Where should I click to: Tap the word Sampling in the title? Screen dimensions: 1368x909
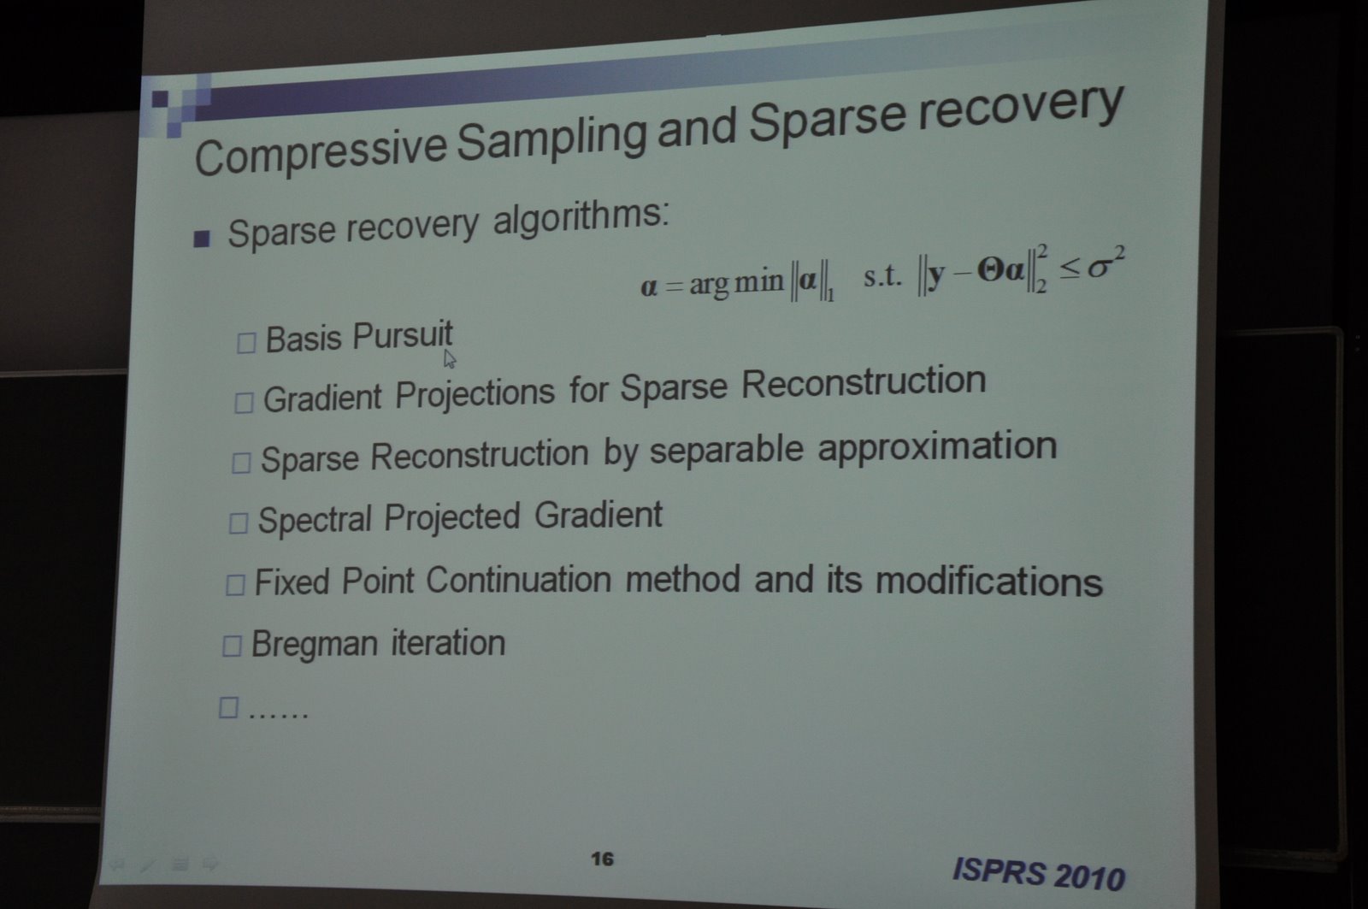(551, 138)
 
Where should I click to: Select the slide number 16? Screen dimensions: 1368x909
(602, 859)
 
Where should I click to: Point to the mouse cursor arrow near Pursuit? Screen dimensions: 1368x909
(450, 359)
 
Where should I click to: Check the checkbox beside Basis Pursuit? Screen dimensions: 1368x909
(246, 343)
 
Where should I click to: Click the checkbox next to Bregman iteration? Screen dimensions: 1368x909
(232, 646)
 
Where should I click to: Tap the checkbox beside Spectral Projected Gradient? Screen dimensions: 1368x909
(239, 523)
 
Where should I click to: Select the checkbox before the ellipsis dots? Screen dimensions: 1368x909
(228, 707)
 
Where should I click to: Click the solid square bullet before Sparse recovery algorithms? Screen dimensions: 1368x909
(202, 239)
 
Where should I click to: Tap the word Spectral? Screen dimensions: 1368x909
(315, 521)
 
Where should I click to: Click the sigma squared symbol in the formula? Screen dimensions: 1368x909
(1106, 264)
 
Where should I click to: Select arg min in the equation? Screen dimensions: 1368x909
(736, 283)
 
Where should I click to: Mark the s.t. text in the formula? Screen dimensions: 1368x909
(882, 276)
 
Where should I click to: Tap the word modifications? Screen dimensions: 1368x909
(989, 581)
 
